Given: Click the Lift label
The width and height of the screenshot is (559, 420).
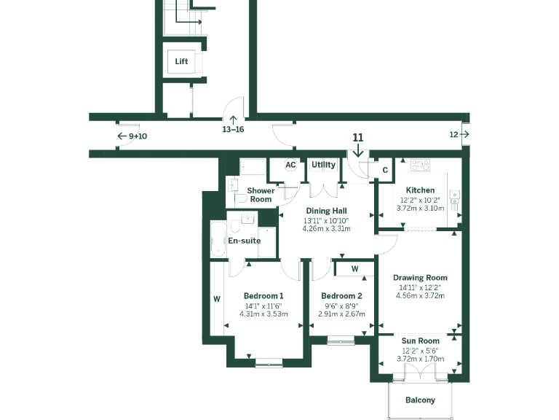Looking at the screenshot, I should (181, 62).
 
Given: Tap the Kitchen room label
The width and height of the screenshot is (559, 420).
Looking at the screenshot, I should (420, 190).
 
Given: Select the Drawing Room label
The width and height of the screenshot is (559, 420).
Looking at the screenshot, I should (420, 278).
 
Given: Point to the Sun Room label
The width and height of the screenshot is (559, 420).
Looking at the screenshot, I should (420, 341).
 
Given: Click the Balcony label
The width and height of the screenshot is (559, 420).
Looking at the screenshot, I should (420, 400).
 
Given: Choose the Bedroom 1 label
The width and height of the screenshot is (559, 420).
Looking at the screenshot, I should (263, 296).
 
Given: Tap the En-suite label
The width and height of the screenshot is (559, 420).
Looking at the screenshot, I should (245, 241).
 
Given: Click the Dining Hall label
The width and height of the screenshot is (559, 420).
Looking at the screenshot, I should (326, 210).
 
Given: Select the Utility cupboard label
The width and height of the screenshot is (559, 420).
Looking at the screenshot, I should (323, 165).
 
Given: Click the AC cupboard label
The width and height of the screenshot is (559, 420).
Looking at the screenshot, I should (290, 165).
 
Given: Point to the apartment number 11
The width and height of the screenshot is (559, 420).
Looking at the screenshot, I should (357, 137).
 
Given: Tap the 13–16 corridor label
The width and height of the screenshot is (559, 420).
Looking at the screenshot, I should (233, 129).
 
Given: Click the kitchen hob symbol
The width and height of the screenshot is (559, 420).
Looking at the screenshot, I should (420, 166).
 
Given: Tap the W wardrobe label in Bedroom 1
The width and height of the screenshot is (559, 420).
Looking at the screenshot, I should (217, 298).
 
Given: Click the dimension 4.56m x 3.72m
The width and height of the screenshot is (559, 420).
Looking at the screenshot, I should (420, 296).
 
